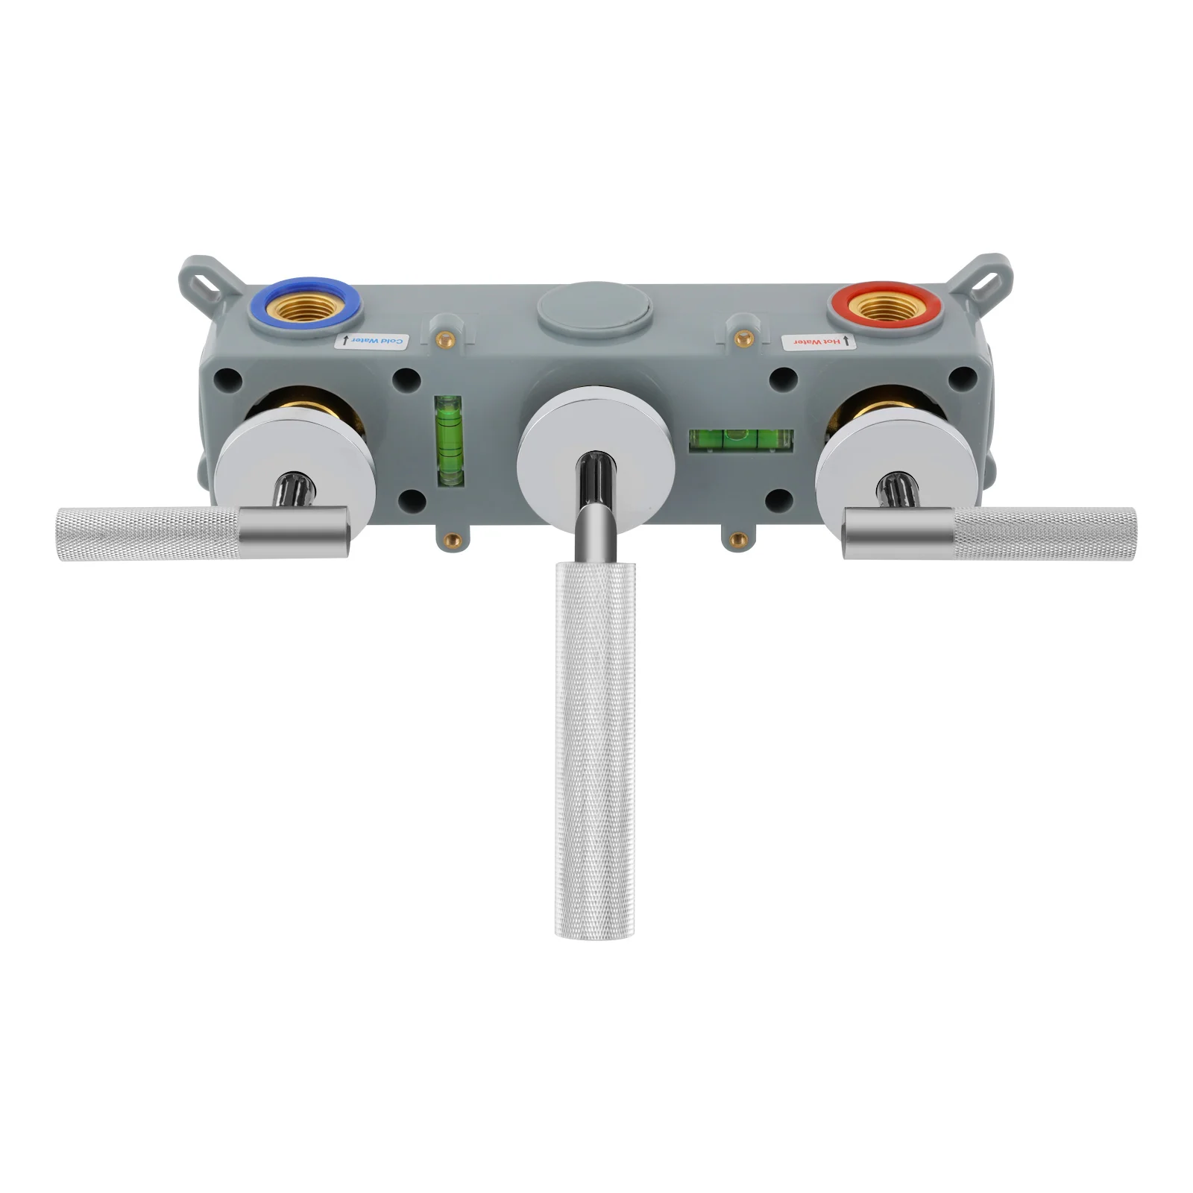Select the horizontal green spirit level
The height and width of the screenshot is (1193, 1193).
[x=741, y=440]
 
